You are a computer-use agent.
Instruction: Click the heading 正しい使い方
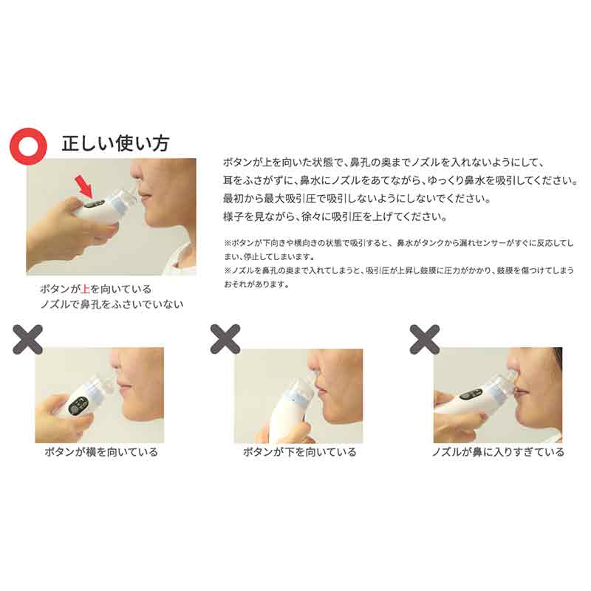click(x=115, y=143)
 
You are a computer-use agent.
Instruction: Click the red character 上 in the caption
click(x=85, y=289)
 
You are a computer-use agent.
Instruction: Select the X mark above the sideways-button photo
click(x=27, y=340)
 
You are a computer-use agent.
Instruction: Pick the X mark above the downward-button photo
click(x=225, y=339)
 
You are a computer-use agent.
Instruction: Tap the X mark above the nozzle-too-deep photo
click(x=424, y=339)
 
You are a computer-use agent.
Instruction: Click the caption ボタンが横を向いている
click(x=101, y=452)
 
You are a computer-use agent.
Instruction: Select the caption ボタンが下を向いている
click(x=300, y=452)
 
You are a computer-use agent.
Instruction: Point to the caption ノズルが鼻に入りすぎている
click(x=498, y=452)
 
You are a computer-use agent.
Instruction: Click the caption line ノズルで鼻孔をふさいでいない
click(x=112, y=304)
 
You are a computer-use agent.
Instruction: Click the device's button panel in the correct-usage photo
click(x=94, y=204)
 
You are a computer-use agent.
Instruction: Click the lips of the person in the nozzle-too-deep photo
click(x=522, y=393)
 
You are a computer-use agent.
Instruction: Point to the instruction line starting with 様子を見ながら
click(x=335, y=216)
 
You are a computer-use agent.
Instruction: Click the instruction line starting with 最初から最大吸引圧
click(x=357, y=198)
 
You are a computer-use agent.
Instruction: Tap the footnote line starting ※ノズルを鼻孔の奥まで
click(x=399, y=270)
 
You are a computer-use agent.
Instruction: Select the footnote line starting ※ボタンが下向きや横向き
click(x=399, y=243)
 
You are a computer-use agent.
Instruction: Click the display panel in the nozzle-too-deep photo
click(x=471, y=394)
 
